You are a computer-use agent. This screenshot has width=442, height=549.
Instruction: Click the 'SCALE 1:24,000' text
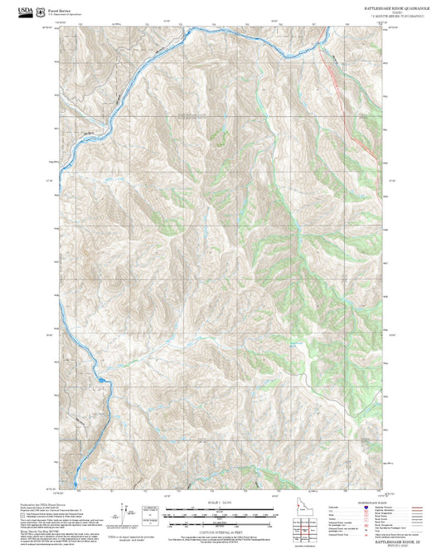pos(221,502)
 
